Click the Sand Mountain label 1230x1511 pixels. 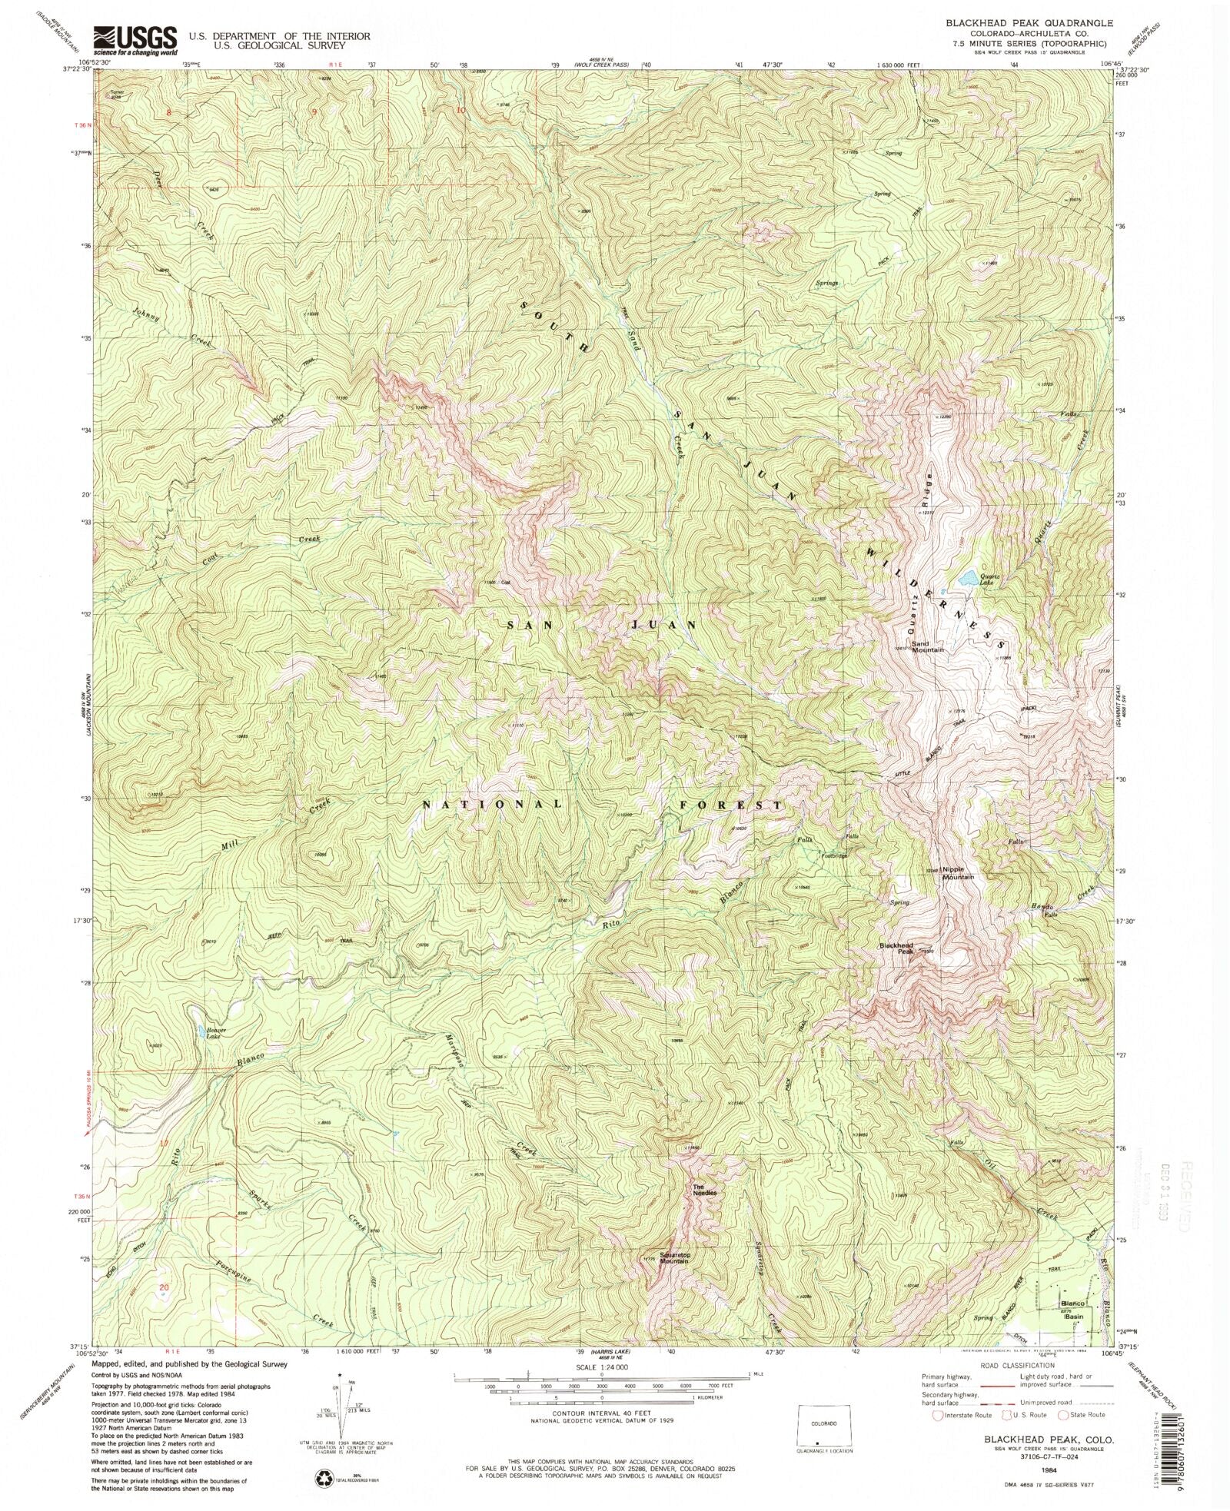928,646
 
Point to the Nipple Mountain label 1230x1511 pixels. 958,873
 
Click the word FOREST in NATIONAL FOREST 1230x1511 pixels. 730,805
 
